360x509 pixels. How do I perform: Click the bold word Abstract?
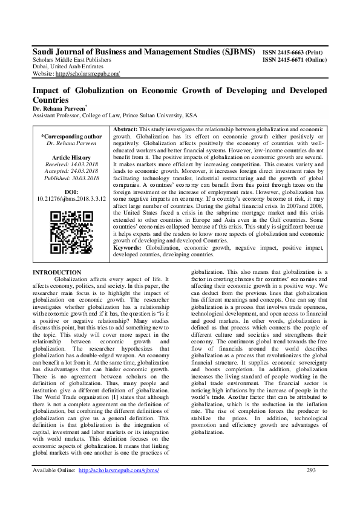point(126,130)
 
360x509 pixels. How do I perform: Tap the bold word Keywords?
point(129,248)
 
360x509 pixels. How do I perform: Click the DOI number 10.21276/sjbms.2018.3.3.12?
point(71,198)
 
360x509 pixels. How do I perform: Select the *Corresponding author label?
point(71,136)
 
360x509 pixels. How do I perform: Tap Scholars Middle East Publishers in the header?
point(71,60)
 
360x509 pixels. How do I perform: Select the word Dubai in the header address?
point(41,67)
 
